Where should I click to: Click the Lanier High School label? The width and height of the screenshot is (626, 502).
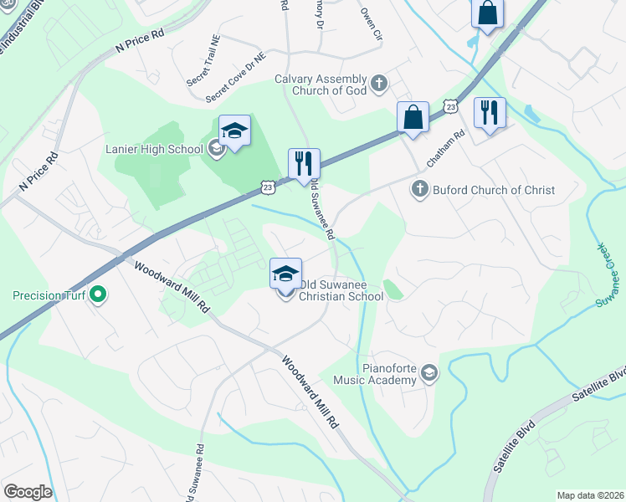155,150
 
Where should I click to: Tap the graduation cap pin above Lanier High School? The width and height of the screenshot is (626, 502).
235,131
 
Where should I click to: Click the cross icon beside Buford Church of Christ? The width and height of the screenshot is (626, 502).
419,190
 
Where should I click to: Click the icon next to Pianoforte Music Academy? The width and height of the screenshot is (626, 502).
429,373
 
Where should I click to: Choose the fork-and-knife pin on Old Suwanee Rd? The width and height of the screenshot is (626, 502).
304,162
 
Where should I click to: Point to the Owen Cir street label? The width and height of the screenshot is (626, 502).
371,25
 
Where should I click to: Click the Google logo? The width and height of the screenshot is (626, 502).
28,492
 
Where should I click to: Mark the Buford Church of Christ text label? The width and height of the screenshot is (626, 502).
494,190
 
